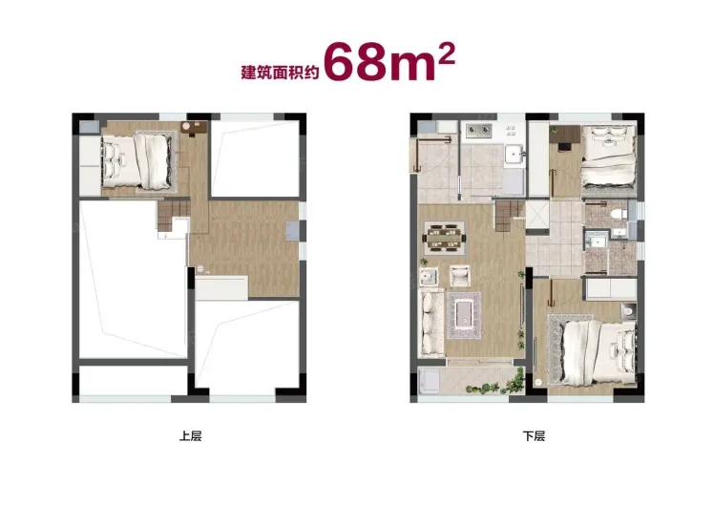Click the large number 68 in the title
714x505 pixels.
357,62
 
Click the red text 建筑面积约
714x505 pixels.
280,72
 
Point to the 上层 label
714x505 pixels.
190,436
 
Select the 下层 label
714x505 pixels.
534,436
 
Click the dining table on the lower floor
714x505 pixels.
445,238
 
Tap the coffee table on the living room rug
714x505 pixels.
464,316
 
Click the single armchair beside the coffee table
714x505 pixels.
460,277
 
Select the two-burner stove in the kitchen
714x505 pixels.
479,131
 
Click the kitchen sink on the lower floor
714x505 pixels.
514,154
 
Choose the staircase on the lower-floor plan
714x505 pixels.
506,218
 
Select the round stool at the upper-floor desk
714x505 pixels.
187,126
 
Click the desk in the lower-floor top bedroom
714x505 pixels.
565,135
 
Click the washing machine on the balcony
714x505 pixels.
429,381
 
